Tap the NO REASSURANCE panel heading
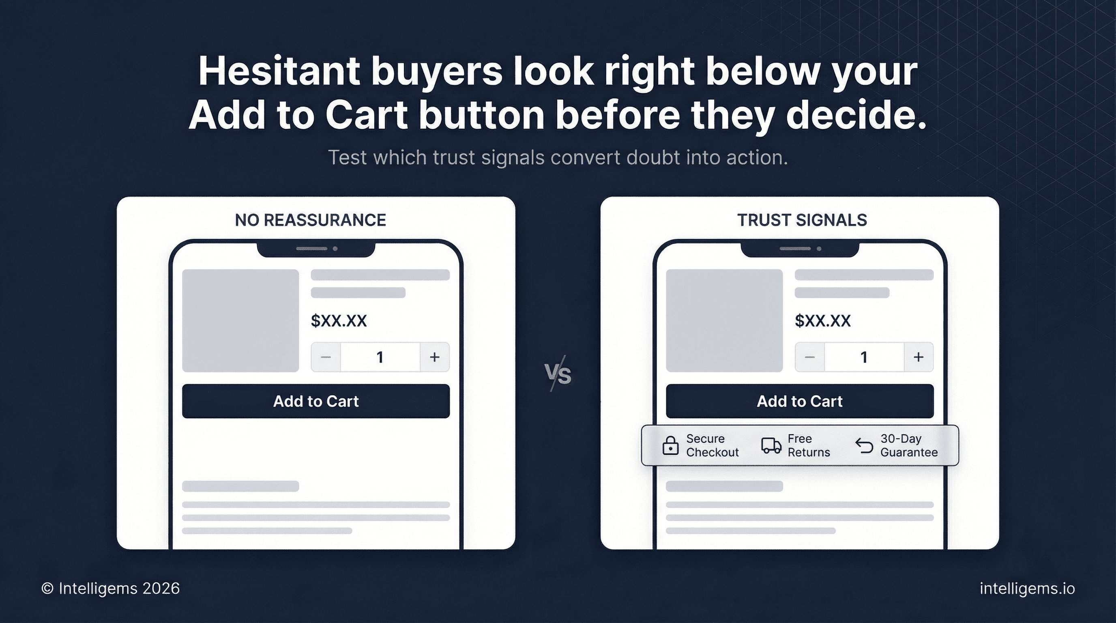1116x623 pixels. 310,220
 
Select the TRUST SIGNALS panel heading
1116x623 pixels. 802,220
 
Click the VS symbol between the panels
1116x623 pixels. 558,374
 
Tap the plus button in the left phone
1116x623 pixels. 435,357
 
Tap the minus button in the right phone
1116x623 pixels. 810,357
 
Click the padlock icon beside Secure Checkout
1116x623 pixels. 671,445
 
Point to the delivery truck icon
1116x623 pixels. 771,445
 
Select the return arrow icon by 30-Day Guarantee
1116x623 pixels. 864,445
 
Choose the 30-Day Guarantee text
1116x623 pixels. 909,445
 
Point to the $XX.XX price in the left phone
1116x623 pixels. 339,320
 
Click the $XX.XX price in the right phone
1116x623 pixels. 823,320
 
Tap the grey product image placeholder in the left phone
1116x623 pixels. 240,320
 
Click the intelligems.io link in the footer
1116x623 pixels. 1027,589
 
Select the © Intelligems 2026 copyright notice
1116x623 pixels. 110,589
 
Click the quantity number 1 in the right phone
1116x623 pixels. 864,357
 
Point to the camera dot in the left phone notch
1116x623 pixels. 335,249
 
